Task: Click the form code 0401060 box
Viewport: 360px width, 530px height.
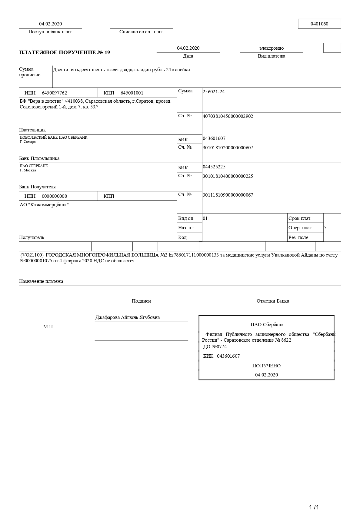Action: pyautogui.click(x=319, y=24)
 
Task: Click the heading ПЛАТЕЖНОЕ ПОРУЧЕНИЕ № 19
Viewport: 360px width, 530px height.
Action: pyautogui.click(x=65, y=52)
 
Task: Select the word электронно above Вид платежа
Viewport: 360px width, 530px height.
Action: pyautogui.click(x=272, y=48)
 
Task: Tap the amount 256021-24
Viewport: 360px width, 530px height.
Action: pyautogui.click(x=214, y=92)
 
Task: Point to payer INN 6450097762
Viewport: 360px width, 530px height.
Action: pyautogui.click(x=54, y=93)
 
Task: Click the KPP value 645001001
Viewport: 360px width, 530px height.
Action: pyautogui.click(x=132, y=93)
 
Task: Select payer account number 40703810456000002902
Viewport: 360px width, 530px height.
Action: pyautogui.click(x=228, y=116)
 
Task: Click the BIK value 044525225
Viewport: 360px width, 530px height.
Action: pyautogui.click(x=214, y=167)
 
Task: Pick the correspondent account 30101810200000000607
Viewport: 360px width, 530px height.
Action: pyautogui.click(x=228, y=148)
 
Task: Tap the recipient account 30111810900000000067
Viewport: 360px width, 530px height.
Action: pyautogui.click(x=228, y=195)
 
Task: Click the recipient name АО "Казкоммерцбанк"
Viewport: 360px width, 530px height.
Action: pyautogui.click(x=44, y=205)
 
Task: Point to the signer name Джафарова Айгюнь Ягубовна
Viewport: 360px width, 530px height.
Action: pyautogui.click(x=128, y=317)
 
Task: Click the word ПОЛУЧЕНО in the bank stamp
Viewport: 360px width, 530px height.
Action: pyautogui.click(x=266, y=366)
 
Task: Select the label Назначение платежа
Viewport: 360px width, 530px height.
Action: pyautogui.click(x=41, y=281)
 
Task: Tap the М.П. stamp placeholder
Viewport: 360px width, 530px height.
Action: pyautogui.click(x=48, y=327)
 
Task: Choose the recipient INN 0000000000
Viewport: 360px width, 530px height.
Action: pyautogui.click(x=54, y=196)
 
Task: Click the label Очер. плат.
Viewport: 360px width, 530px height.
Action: pyautogui.click(x=301, y=228)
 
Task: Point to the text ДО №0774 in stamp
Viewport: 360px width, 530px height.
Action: pyautogui.click(x=215, y=347)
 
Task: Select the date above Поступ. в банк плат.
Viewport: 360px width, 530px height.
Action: pyautogui.click(x=50, y=24)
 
